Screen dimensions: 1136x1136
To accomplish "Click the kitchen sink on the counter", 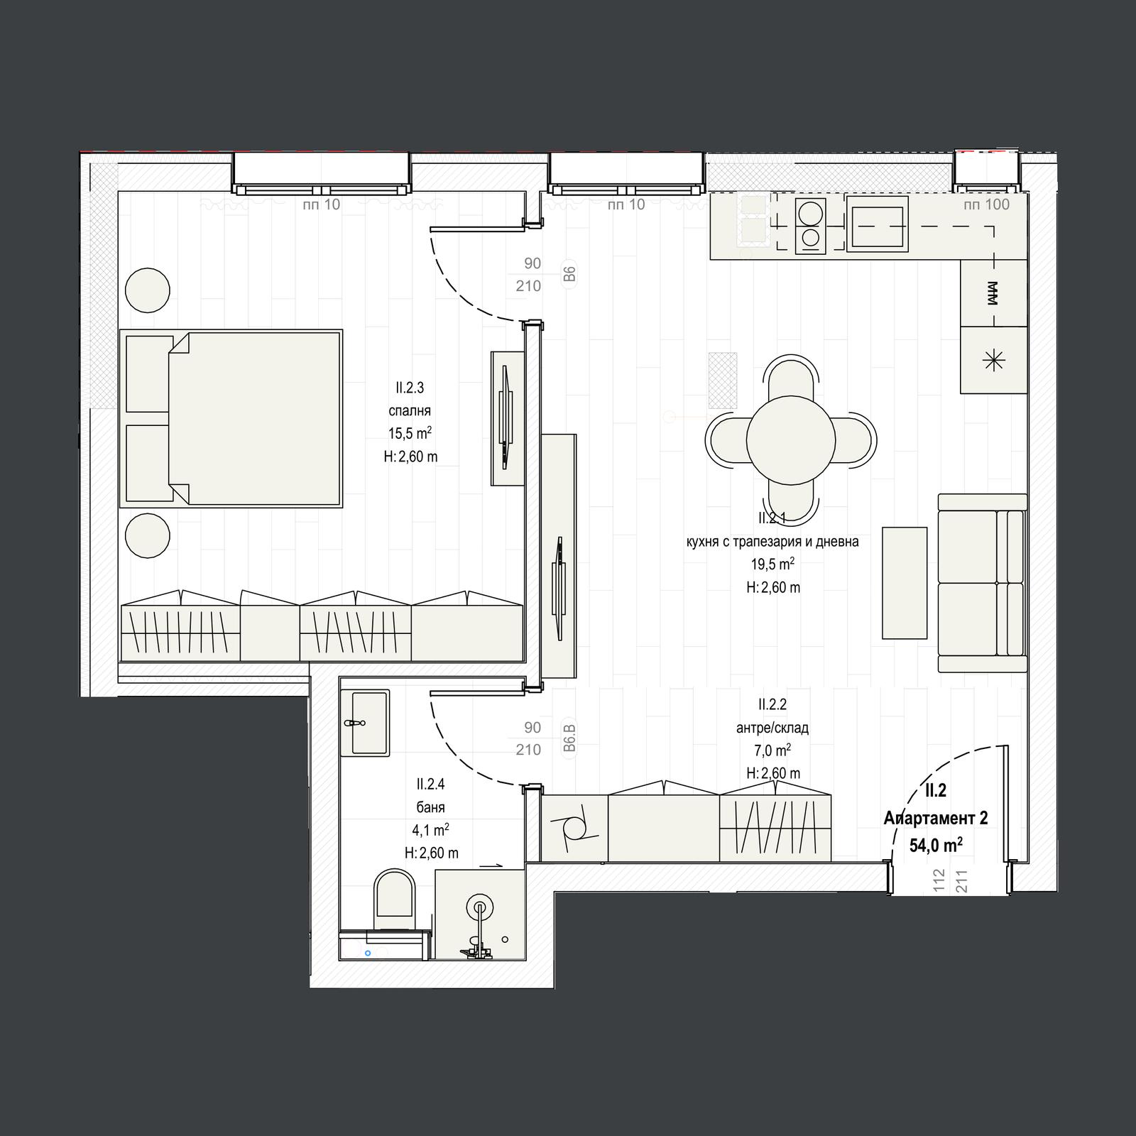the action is (878, 224).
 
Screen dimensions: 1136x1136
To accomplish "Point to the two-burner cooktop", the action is (810, 225).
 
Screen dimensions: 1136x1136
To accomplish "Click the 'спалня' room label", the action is (410, 410).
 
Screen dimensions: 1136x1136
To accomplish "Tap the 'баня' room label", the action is (430, 807).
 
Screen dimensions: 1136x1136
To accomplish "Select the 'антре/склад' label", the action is (772, 728).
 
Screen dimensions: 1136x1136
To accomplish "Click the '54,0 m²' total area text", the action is (936, 844).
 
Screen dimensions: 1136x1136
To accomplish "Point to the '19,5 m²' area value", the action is (772, 564).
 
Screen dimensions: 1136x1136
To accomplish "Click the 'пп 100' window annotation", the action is (986, 204).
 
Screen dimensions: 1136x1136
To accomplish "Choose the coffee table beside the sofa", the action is (905, 583).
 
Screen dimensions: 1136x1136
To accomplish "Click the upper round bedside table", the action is (148, 290).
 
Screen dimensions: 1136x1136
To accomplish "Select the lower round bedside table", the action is (148, 535).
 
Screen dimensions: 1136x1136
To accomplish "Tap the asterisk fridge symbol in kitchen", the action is (993, 361).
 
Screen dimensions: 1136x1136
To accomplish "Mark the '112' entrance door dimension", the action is (939, 880).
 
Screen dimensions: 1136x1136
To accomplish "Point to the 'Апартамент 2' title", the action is (936, 818).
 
